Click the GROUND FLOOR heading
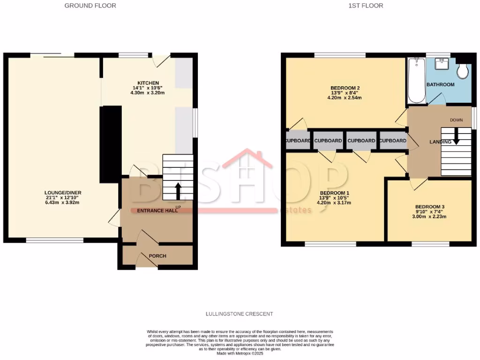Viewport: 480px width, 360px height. (90, 6)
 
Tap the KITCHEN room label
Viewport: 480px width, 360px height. (148, 83)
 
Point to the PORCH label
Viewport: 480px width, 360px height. (157, 256)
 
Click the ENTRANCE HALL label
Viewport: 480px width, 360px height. (157, 211)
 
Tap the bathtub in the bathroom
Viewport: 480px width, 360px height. (416, 80)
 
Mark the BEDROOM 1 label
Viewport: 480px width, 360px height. (335, 193)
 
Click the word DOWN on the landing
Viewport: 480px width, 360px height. (456, 120)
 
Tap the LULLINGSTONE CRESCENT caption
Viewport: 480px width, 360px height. (240, 314)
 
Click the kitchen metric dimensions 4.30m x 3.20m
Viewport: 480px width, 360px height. (148, 93)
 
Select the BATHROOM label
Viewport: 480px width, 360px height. (440, 85)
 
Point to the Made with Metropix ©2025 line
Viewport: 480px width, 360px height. (240, 353)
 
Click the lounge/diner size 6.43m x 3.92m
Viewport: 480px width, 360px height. (62, 202)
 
